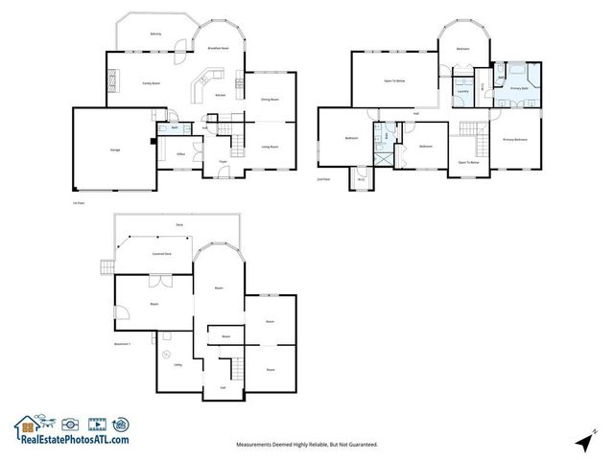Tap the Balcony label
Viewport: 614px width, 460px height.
pyautogui.click(x=155, y=34)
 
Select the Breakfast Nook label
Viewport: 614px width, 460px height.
pyautogui.click(x=219, y=47)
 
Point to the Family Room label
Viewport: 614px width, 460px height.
pyautogui.click(x=151, y=83)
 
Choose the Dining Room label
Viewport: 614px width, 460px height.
pyautogui.click(x=270, y=98)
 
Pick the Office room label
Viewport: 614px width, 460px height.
pyautogui.click(x=179, y=153)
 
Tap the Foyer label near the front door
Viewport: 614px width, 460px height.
pyautogui.click(x=222, y=162)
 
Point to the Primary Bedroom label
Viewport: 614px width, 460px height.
pyautogui.click(x=515, y=140)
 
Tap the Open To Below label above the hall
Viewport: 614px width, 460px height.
pyautogui.click(x=395, y=80)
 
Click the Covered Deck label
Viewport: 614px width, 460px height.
pyautogui.click(x=161, y=254)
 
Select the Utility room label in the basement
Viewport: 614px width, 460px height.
pyautogui.click(x=177, y=364)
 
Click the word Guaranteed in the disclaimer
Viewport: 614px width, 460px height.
pyautogui.click(x=358, y=445)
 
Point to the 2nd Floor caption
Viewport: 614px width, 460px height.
pyautogui.click(x=323, y=179)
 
